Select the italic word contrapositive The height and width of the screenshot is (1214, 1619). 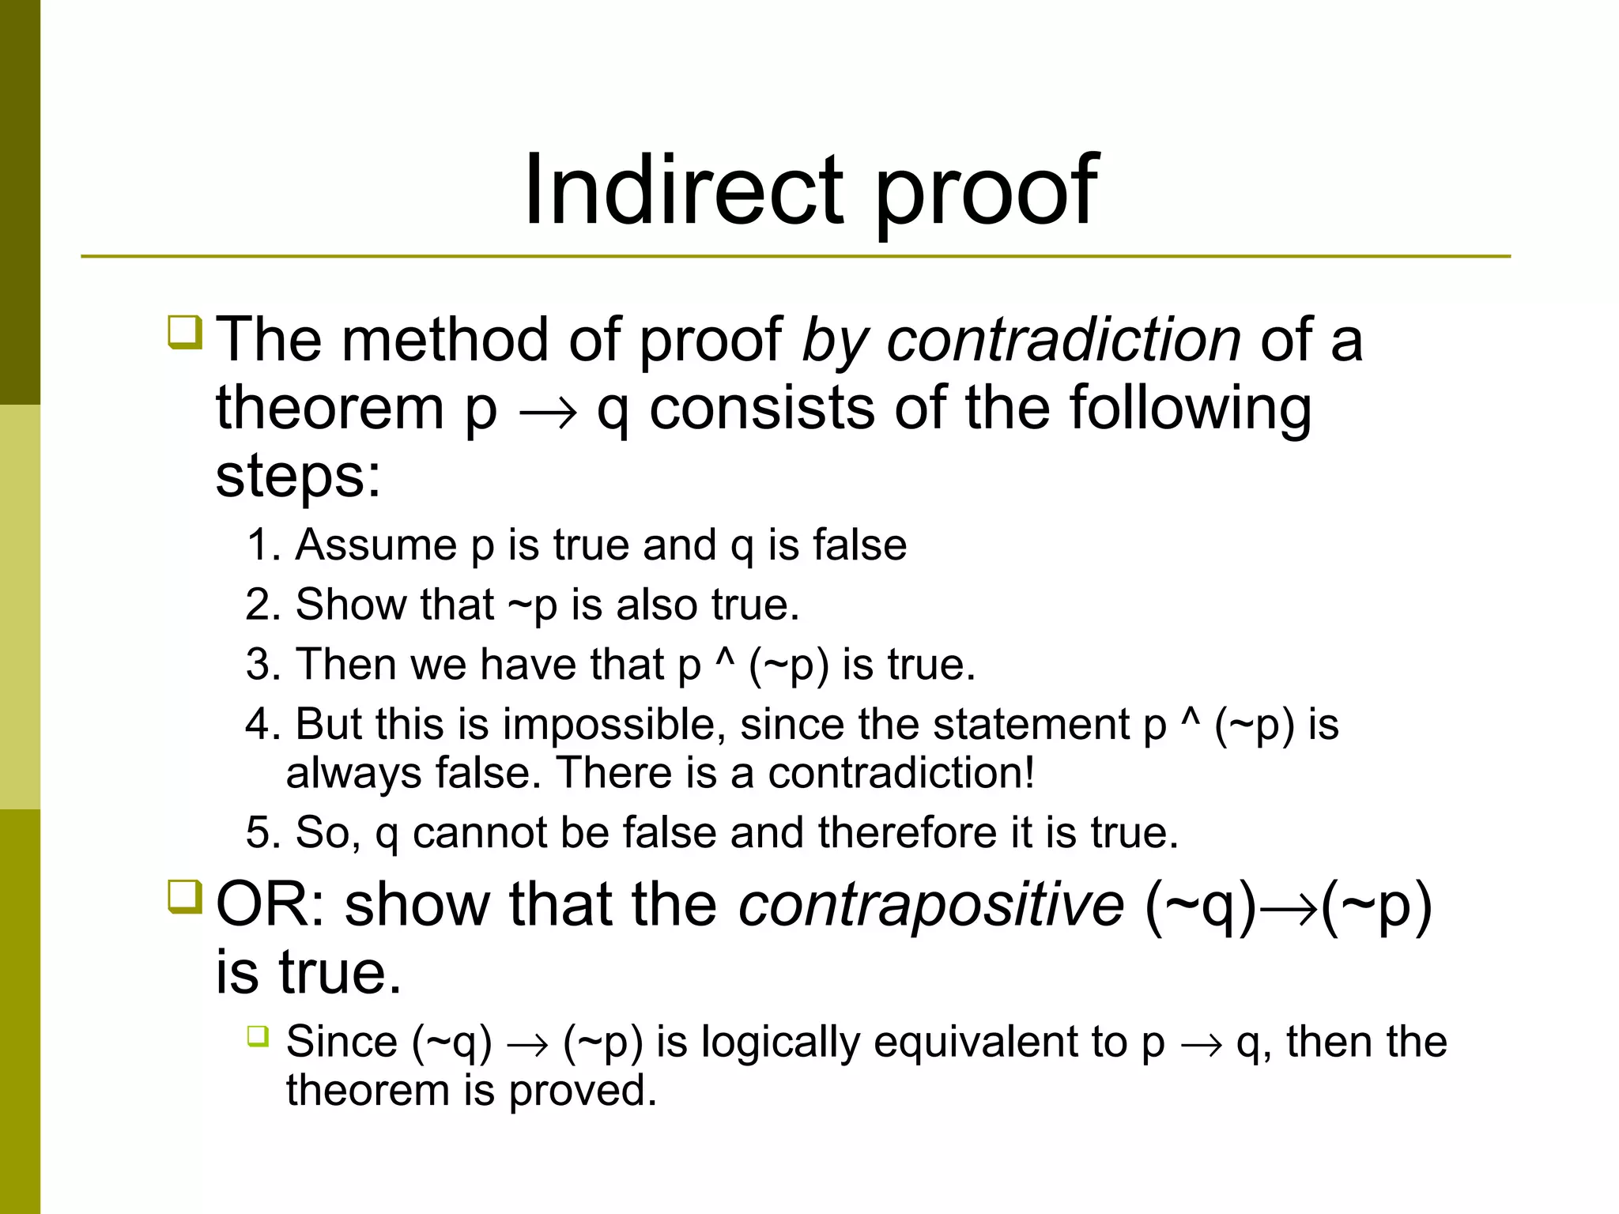[930, 904]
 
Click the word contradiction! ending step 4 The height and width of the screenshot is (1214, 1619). [901, 773]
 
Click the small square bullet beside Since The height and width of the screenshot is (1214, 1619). [258, 1035]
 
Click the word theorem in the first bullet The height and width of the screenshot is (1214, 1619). [330, 409]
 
